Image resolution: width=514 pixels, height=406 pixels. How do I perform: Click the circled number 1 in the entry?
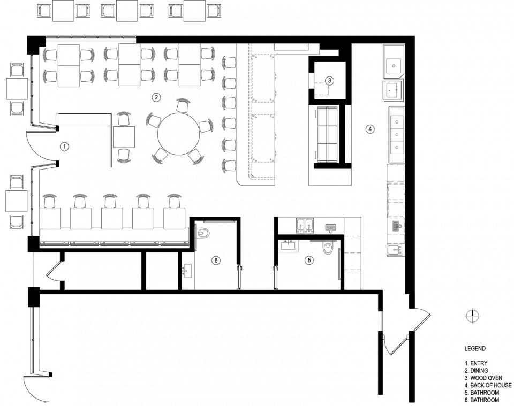click(x=65, y=147)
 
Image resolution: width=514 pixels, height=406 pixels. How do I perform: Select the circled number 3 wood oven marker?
click(x=329, y=80)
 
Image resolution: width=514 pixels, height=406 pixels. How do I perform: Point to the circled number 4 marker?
click(x=370, y=129)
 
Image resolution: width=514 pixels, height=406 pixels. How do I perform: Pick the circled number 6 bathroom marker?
click(x=215, y=261)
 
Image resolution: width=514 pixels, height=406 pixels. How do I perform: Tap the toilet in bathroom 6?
click(x=203, y=233)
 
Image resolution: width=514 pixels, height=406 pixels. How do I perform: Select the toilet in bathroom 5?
click(x=328, y=248)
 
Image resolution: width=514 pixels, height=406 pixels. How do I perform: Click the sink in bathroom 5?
click(x=289, y=246)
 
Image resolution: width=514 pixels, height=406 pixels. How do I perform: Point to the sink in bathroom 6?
click(x=187, y=271)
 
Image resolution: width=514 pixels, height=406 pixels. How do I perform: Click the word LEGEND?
click(x=475, y=349)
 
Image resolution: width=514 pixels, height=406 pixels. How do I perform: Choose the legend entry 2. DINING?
click(x=477, y=371)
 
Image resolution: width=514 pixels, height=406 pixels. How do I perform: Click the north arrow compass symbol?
click(x=473, y=316)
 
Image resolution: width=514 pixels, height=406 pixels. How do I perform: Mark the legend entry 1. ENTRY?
click(x=476, y=363)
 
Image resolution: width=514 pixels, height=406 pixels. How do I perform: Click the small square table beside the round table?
click(x=124, y=137)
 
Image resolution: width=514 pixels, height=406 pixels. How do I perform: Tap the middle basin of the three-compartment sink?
click(x=397, y=135)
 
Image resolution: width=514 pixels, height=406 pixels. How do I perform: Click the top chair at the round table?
click(x=182, y=105)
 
